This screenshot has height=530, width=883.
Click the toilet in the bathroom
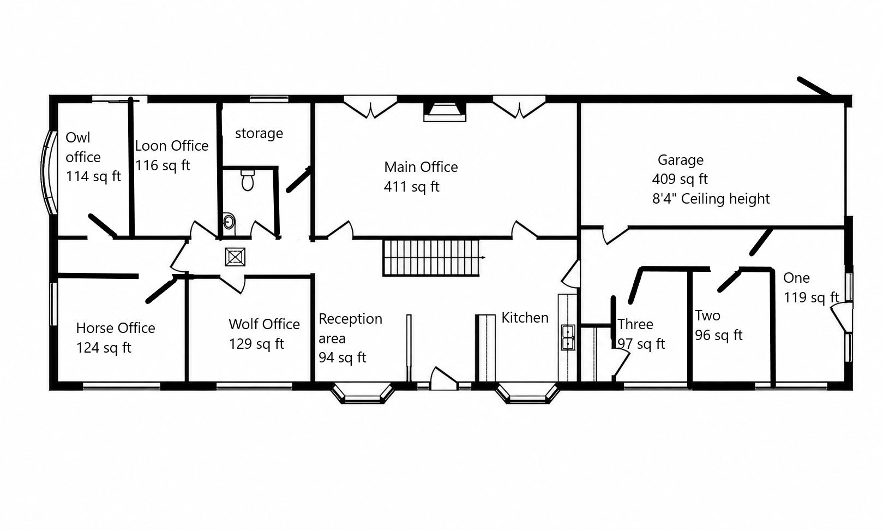coord(248,180)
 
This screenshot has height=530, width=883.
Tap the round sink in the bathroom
coord(229,222)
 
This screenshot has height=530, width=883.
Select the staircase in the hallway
coord(432,257)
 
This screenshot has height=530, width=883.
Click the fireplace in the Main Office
coord(444,112)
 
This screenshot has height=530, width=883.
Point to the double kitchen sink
coord(568,337)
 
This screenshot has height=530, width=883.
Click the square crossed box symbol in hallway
coord(235,257)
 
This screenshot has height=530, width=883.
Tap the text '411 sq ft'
coord(411,186)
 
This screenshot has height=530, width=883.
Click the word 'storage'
coord(259,133)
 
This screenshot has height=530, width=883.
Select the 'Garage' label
coord(680,160)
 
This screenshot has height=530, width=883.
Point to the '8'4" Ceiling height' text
coord(711,199)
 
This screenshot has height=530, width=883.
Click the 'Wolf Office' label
coord(264,324)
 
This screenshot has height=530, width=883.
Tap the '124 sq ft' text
coord(104,348)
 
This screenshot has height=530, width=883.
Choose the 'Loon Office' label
coord(171,146)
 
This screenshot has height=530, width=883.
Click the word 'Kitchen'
coord(525,318)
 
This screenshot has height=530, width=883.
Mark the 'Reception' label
coord(351,319)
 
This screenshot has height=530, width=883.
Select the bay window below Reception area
coord(363,393)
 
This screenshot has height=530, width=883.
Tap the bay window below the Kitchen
coord(527,393)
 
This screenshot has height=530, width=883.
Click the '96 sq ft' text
coord(718,335)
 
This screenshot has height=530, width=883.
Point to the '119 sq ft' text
coord(811,297)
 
